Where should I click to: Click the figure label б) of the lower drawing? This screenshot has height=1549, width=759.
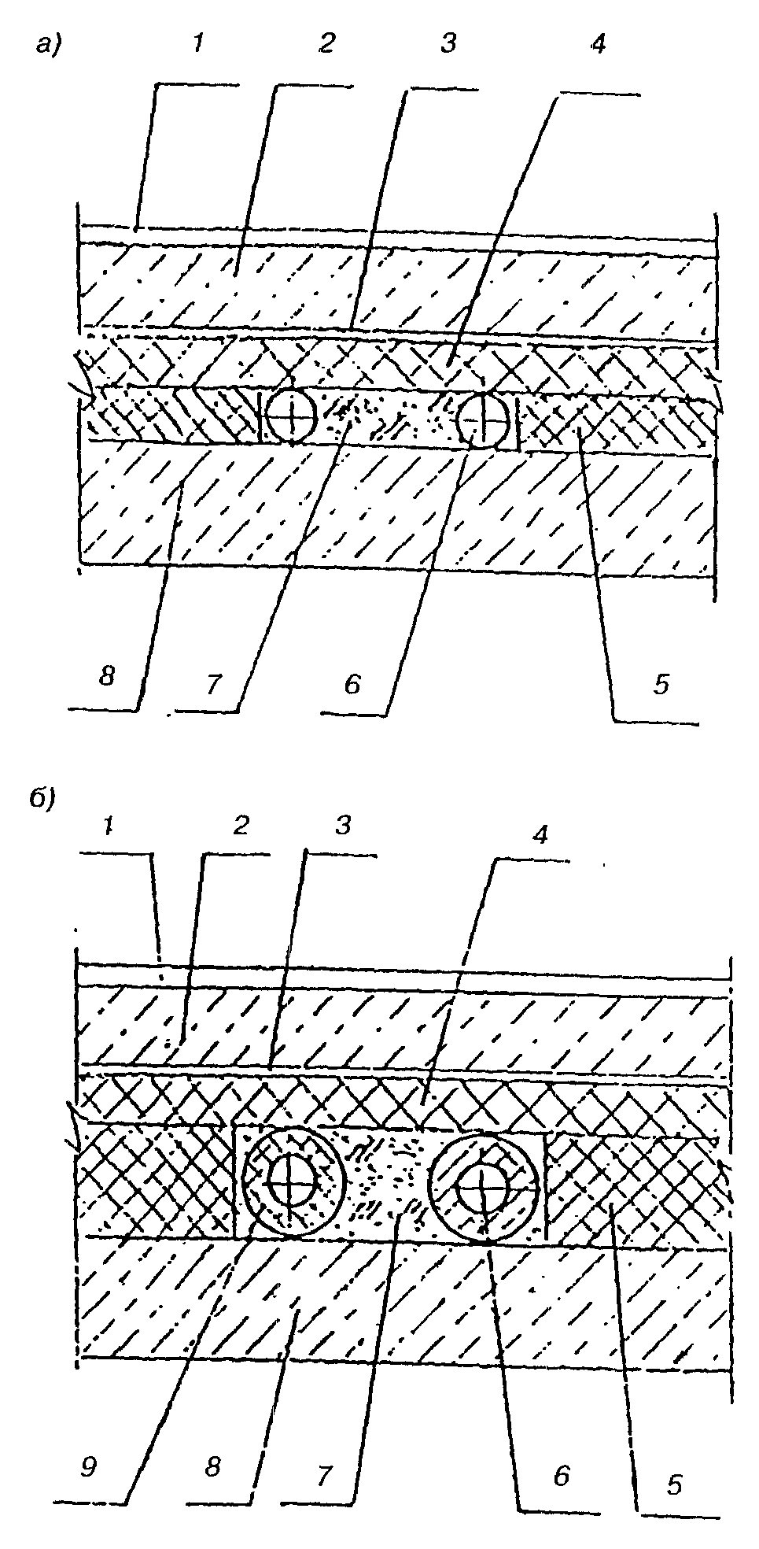(x=42, y=799)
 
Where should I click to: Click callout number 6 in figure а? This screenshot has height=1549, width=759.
(x=351, y=684)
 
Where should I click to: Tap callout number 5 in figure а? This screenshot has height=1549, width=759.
(x=661, y=685)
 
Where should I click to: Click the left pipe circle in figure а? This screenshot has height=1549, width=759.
(x=290, y=416)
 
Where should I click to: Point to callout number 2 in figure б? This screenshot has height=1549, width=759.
(x=241, y=825)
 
